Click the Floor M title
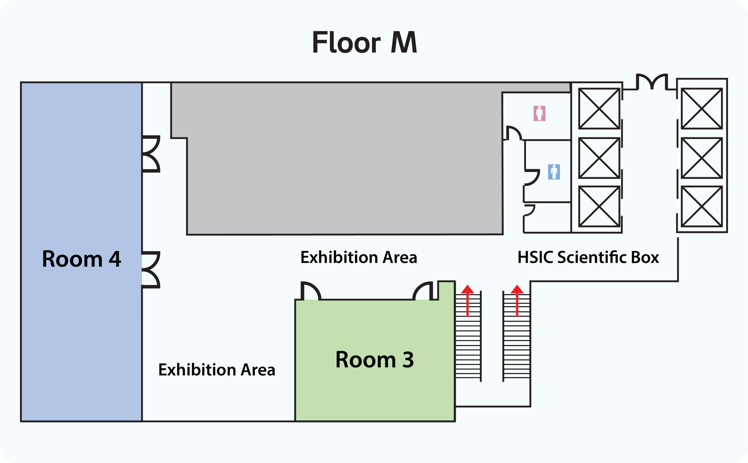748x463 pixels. [364, 43]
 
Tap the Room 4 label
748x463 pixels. [82, 259]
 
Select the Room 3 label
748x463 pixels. [375, 359]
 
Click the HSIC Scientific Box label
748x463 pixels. [588, 257]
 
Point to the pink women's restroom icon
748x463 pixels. [539, 113]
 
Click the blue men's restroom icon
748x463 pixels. [554, 172]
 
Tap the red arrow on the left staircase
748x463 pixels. [467, 300]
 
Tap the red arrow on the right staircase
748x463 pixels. [517, 300]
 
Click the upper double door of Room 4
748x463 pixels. [151, 154]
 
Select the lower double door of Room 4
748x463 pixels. [151, 270]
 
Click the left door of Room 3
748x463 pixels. [311, 291]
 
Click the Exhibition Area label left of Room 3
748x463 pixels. [217, 370]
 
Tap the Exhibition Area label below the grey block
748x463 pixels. [359, 257]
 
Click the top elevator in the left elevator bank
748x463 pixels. [599, 109]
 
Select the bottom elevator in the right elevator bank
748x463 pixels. [702, 206]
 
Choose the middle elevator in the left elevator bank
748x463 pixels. [599, 158]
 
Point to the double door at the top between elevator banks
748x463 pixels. [652, 82]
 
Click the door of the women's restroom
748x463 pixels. [513, 133]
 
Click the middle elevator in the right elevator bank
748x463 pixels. [702, 158]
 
